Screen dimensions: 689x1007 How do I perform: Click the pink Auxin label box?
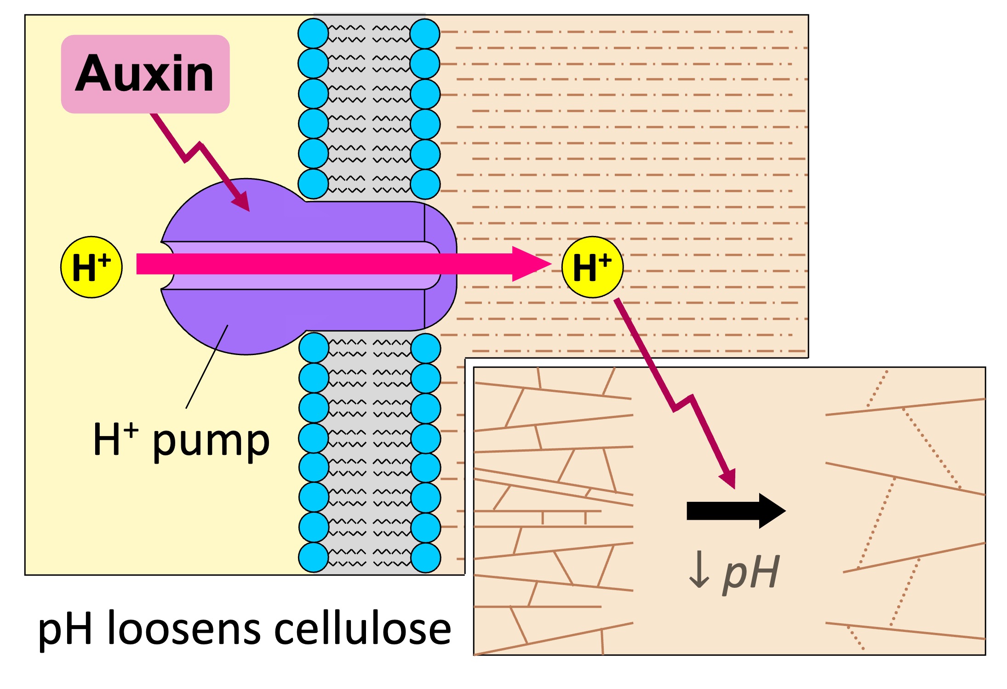pyautogui.click(x=145, y=74)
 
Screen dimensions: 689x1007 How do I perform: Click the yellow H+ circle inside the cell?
pyautogui.click(x=92, y=267)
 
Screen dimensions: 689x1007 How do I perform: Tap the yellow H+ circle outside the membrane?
pyautogui.click(x=592, y=267)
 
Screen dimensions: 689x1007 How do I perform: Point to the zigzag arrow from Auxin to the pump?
pyautogui.click(x=193, y=152)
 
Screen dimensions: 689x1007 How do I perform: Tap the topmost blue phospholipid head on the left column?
pyautogui.click(x=313, y=34)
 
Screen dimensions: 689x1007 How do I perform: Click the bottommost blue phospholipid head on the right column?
pyautogui.click(x=426, y=557)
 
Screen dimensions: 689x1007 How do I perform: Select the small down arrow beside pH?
pyautogui.click(x=699, y=570)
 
